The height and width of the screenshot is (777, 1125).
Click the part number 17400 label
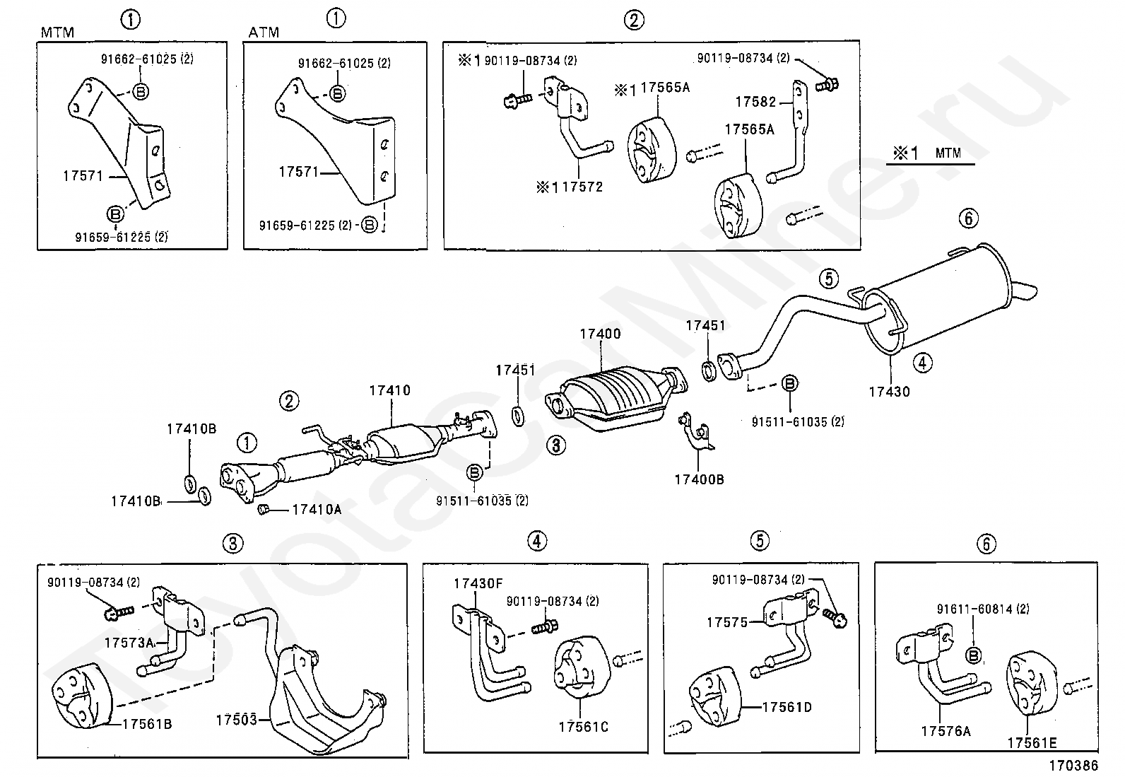(x=600, y=334)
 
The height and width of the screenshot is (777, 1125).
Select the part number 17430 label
(x=890, y=392)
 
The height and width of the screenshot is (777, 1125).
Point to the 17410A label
(x=317, y=510)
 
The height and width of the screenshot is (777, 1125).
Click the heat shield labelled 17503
(x=326, y=699)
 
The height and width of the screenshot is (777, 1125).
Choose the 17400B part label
(x=699, y=479)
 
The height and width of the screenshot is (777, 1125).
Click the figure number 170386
(x=1073, y=766)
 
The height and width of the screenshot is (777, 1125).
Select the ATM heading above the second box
(x=264, y=33)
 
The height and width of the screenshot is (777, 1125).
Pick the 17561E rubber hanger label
(x=1032, y=743)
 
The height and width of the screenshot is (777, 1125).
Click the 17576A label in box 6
(x=946, y=731)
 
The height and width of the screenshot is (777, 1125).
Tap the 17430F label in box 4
(x=478, y=583)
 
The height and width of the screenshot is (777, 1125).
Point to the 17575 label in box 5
(x=727, y=623)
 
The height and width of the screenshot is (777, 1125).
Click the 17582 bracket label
(x=756, y=102)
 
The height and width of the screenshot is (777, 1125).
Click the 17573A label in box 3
(x=129, y=643)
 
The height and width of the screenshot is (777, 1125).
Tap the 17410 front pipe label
(x=390, y=390)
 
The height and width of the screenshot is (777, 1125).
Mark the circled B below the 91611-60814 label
(x=974, y=655)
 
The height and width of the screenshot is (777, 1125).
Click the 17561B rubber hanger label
(x=147, y=724)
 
